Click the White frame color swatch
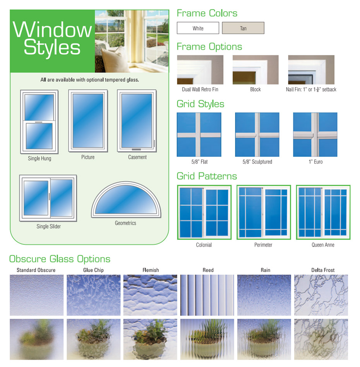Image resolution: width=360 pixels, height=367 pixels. tap(198, 28)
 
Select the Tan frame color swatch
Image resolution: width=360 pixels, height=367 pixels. tap(243, 28)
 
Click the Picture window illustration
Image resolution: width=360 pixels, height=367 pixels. tap(88, 121)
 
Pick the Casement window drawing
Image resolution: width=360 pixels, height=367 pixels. tap(137, 121)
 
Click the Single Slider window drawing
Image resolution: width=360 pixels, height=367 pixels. tap(48, 198)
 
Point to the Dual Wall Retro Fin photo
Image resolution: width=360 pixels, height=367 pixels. tap(200, 70)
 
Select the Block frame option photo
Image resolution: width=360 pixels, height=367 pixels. tap(255, 70)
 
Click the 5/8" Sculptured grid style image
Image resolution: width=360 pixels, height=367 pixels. tap(257, 134)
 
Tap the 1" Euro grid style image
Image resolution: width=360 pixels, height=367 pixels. tap(315, 134)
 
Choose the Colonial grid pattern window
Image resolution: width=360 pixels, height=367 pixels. tap(204, 212)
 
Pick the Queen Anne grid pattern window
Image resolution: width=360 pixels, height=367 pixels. tap(323, 212)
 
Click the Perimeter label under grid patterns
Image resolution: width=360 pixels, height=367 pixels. tap(263, 245)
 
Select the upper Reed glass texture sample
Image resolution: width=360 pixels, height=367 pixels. tap(208, 295)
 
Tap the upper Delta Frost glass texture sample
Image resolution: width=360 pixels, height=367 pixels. tap(321, 295)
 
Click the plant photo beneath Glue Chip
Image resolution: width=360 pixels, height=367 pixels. tap(93, 339)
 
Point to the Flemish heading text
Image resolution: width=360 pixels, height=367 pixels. tap(151, 270)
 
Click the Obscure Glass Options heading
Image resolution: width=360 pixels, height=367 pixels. tap(60, 259)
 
